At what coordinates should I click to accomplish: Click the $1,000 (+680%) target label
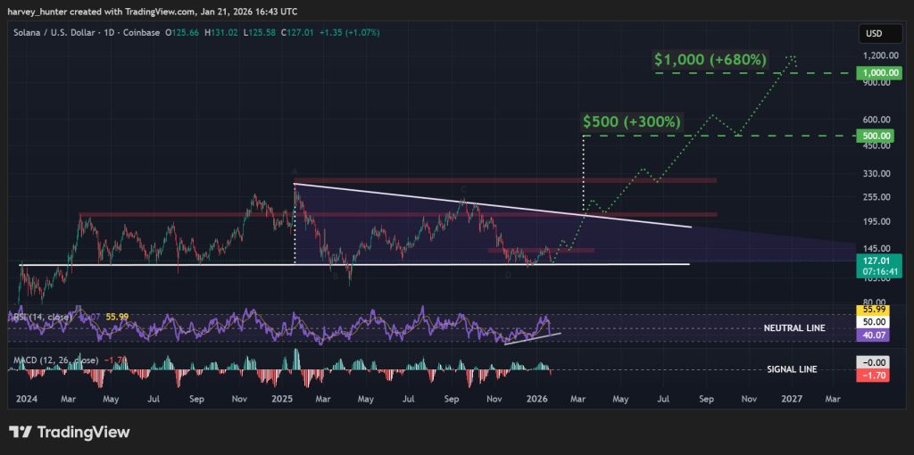[710, 60]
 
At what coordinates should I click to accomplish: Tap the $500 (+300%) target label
[632, 121]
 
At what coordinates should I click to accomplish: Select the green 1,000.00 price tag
[874, 73]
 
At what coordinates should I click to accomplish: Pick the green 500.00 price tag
[874, 136]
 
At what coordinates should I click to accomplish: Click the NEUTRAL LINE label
[794, 328]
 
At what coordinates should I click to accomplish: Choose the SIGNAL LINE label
[792, 369]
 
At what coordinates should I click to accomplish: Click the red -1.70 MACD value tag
[874, 376]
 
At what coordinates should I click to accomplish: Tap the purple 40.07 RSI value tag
[874, 334]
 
